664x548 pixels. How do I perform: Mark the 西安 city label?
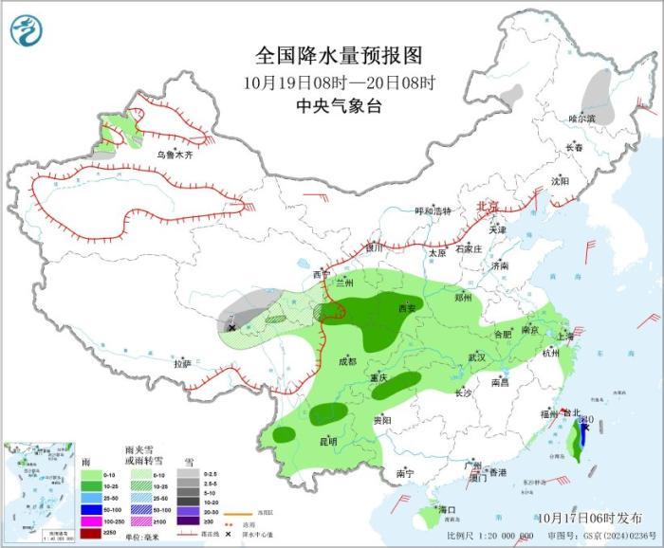(x=407, y=308)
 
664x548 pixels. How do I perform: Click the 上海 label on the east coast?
(x=565, y=336)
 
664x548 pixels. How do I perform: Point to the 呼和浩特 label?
(x=434, y=211)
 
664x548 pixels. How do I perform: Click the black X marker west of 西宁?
(x=231, y=326)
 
